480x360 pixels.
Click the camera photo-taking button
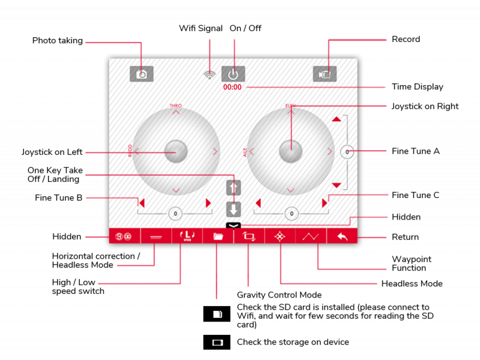(x=142, y=74)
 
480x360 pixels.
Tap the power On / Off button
(x=233, y=74)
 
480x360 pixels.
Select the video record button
(x=325, y=74)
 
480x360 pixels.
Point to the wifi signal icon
(x=209, y=75)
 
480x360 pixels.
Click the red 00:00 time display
(x=232, y=87)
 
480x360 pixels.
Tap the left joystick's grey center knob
(x=176, y=151)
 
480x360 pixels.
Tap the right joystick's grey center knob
(x=291, y=151)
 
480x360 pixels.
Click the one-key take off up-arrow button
(x=233, y=188)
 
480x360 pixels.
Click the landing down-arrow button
(x=233, y=209)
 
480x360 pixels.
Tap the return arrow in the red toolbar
(x=342, y=236)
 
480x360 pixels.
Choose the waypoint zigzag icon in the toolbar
(x=311, y=236)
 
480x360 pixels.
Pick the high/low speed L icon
(x=187, y=236)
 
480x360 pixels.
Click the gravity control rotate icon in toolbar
(x=248, y=236)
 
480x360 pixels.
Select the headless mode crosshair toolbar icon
(x=280, y=236)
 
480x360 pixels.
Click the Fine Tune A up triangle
(x=337, y=119)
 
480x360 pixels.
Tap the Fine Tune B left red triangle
(x=142, y=203)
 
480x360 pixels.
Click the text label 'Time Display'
(x=417, y=87)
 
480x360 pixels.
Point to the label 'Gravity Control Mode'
(x=279, y=295)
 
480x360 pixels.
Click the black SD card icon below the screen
(x=217, y=314)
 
